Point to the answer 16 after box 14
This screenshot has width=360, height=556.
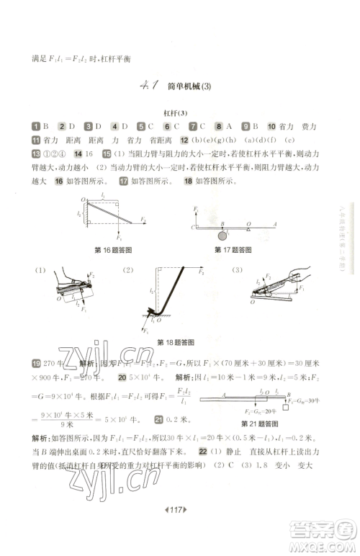click(89, 154)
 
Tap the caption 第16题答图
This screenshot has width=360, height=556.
click(113, 250)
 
